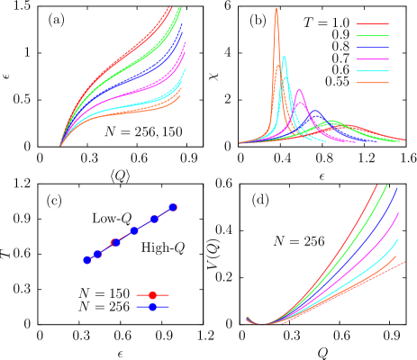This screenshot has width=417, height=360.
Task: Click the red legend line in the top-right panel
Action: (372, 24)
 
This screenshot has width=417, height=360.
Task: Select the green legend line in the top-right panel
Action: (372, 36)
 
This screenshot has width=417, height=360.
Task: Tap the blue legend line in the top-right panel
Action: (372, 48)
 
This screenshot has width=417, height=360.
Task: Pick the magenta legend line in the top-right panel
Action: (372, 59)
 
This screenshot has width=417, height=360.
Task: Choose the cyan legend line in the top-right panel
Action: (372, 71)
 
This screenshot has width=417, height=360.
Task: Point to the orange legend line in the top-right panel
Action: (372, 83)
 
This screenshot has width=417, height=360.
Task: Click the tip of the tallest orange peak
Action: (276, 9)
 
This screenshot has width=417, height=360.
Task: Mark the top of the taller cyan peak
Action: (284, 58)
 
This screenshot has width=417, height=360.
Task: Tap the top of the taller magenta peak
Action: (299, 91)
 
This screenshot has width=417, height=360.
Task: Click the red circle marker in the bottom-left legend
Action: (152, 295)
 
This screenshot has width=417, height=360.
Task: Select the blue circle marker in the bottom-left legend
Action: (152, 307)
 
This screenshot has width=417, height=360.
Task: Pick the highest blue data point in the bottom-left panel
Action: (172, 207)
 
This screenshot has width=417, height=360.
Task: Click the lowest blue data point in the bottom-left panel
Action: (87, 259)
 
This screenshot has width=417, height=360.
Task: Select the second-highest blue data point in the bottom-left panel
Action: (154, 219)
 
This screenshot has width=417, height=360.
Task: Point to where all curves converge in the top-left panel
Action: (60, 144)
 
